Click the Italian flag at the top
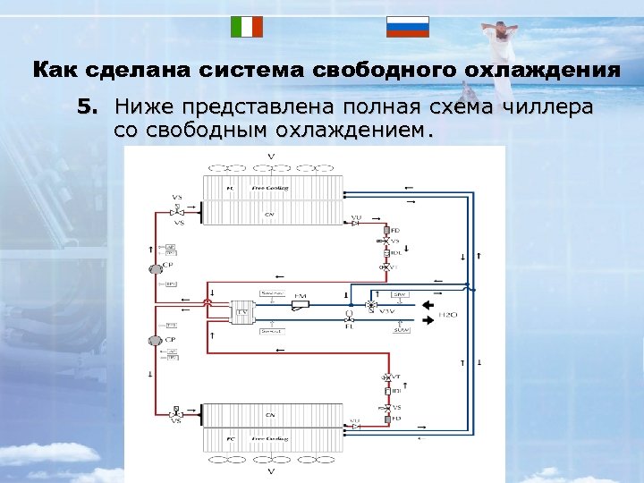click(x=246, y=26)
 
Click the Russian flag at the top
click(x=407, y=26)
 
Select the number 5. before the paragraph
click(x=86, y=108)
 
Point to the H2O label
click(x=451, y=315)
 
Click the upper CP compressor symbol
click(x=155, y=267)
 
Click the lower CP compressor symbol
click(x=155, y=341)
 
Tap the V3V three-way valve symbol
click(x=370, y=306)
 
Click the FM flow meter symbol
click(x=300, y=305)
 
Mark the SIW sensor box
click(x=400, y=293)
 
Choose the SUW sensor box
click(x=400, y=331)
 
